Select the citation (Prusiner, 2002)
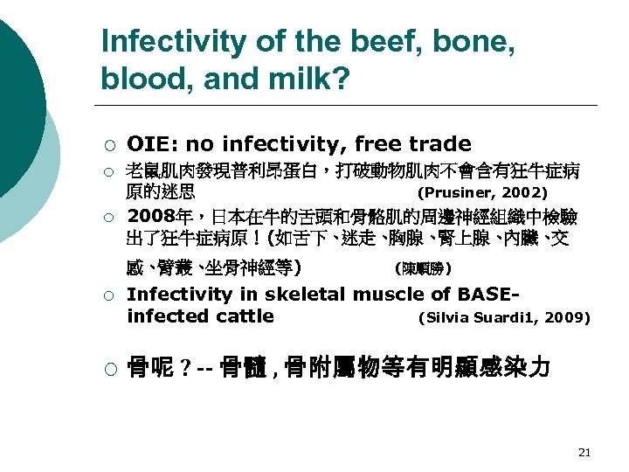point(483,192)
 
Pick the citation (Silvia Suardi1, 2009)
point(505,317)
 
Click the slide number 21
point(584,452)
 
